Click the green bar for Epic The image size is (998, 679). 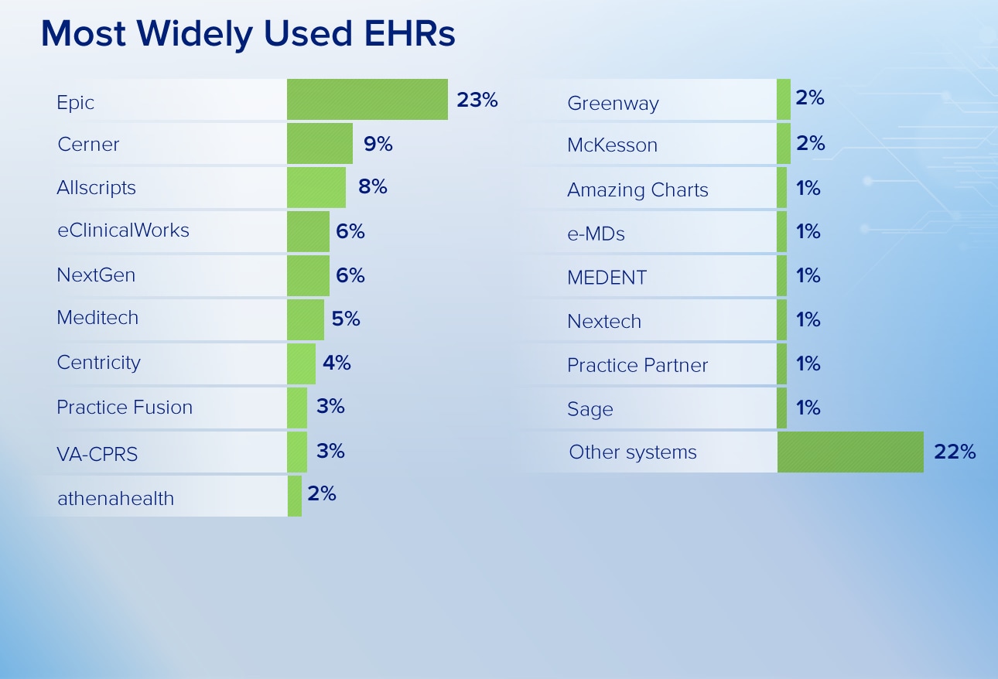click(x=367, y=99)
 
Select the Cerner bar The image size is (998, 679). click(x=320, y=143)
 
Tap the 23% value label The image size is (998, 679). click(x=477, y=100)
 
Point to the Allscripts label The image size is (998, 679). click(x=96, y=188)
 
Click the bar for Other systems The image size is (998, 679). click(x=850, y=452)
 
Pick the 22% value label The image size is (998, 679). click(x=955, y=452)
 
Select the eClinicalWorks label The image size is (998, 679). click(x=124, y=230)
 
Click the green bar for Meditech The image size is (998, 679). click(x=305, y=319)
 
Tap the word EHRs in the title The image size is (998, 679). click(x=409, y=33)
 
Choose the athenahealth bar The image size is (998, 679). click(x=295, y=496)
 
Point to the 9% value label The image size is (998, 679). click(x=378, y=144)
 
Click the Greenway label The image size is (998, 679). click(x=613, y=104)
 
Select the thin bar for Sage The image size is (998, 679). click(x=781, y=408)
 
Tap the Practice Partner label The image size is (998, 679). click(x=637, y=365)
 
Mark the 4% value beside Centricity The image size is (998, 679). click(x=337, y=363)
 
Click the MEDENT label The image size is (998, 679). click(x=607, y=278)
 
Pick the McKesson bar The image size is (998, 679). click(x=783, y=143)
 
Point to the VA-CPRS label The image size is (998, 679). click(x=97, y=454)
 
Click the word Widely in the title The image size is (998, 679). click(x=195, y=34)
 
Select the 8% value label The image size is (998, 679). click(x=372, y=186)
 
